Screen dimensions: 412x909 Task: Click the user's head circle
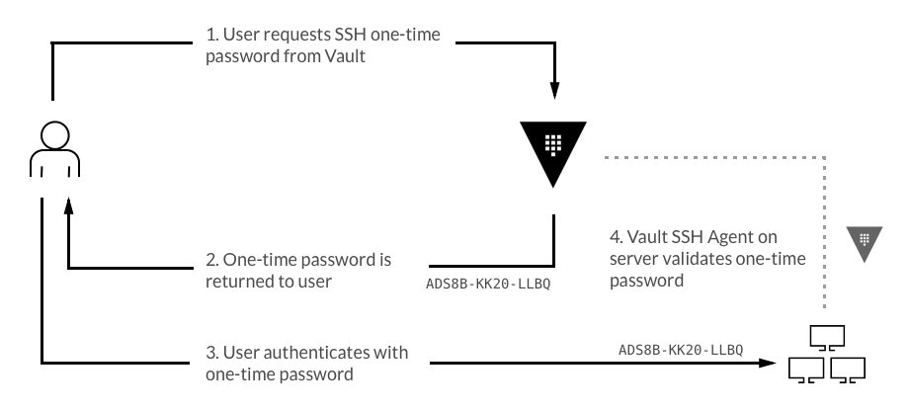54,133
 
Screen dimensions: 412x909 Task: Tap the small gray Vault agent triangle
863,240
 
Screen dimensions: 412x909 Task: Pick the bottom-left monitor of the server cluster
806,370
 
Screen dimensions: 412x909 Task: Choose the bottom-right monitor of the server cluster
849,370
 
